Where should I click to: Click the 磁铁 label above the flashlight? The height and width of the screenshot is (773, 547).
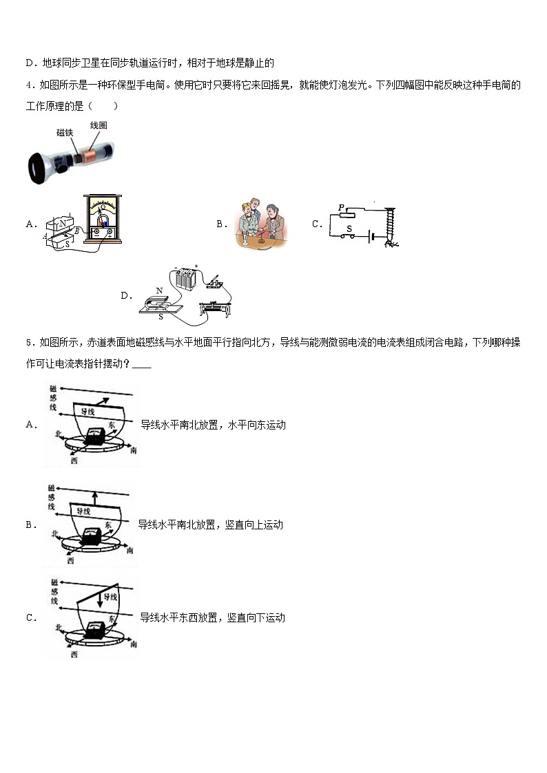65,133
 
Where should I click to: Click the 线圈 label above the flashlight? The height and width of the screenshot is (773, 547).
99,125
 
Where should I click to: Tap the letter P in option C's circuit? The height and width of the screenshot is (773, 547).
341,207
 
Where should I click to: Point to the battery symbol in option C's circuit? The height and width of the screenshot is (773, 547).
372,237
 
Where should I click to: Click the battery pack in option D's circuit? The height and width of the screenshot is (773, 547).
184,279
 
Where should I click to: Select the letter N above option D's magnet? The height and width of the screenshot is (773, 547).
159,290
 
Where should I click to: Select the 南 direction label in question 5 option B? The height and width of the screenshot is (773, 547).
130,550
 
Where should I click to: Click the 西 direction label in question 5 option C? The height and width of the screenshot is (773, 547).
73,654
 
